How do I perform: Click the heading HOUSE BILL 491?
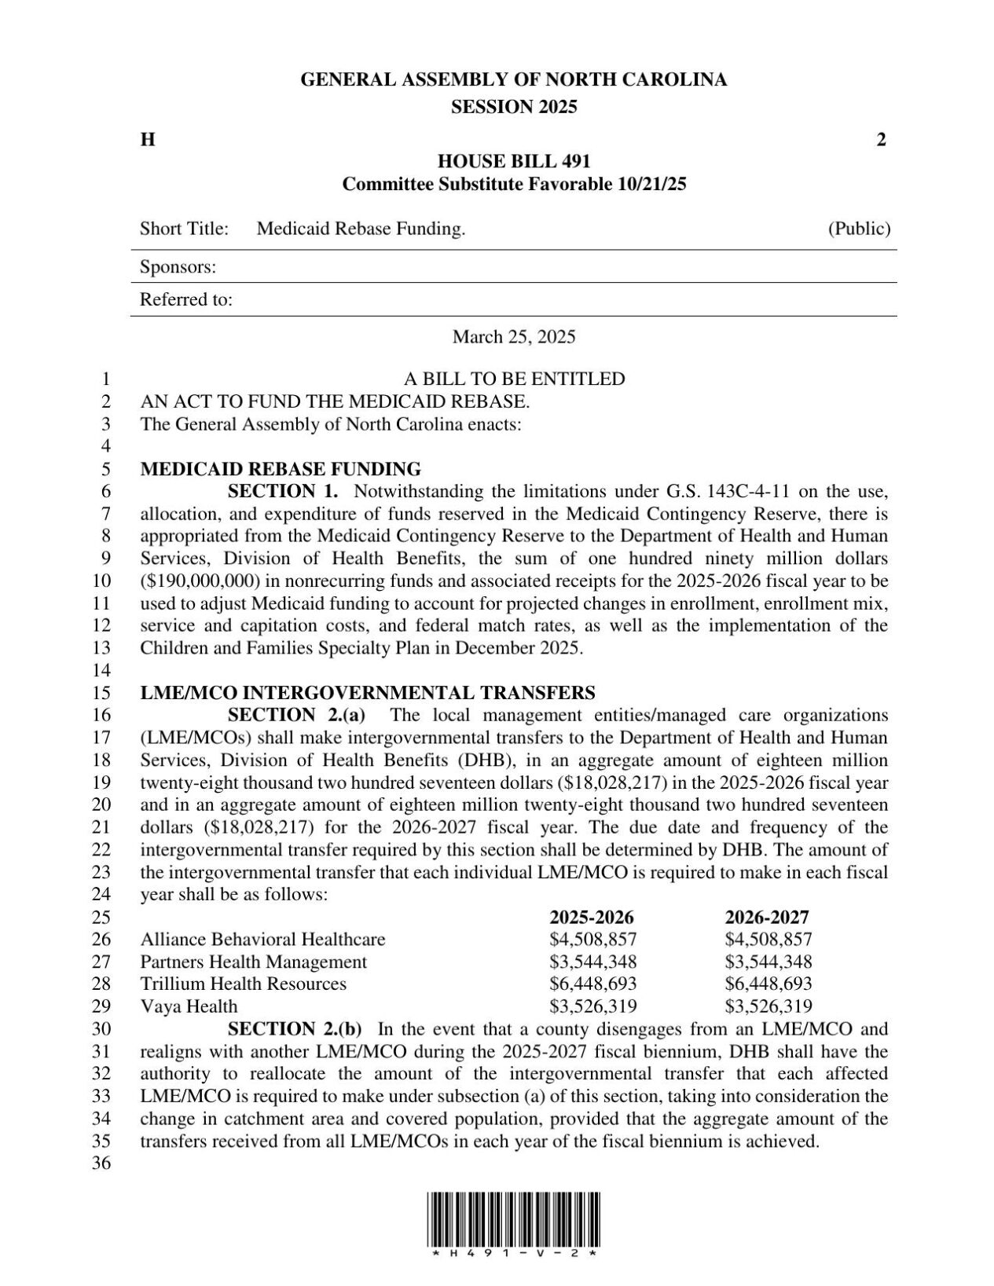(513, 162)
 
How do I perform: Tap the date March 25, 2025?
(513, 337)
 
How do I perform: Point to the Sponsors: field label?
(178, 267)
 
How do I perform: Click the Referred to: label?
(185, 300)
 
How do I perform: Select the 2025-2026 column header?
(591, 918)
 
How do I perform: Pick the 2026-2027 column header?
(766, 918)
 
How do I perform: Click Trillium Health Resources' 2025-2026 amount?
(592, 984)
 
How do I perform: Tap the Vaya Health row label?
(189, 1006)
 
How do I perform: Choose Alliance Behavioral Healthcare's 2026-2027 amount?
(768, 940)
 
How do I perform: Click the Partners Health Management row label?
(253, 962)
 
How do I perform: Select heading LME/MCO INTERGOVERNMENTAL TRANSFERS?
(367, 693)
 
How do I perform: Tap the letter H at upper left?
(147, 141)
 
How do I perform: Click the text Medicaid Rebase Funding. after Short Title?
(361, 229)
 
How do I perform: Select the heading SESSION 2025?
(513, 107)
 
